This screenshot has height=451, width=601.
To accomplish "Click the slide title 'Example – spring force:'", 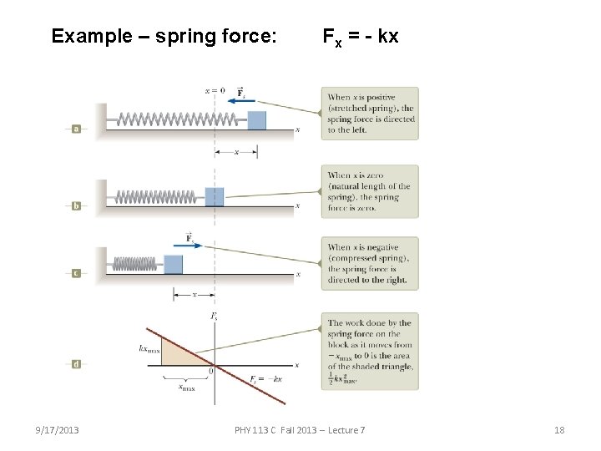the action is tap(164, 36).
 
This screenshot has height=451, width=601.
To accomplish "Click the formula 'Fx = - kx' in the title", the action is tap(361, 37).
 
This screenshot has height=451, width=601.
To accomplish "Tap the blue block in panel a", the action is tap(256, 119).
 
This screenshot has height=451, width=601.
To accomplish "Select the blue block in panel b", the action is tap(215, 196).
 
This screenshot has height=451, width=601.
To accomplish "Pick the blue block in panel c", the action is tap(173, 264).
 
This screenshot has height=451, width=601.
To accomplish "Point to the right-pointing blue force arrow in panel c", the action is tap(189, 246).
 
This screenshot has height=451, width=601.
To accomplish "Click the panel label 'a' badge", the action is tap(76, 129).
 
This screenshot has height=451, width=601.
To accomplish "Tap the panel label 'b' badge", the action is tap(76, 205).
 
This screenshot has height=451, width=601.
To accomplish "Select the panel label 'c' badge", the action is tap(76, 273).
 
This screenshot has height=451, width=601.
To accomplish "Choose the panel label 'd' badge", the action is tap(76, 364).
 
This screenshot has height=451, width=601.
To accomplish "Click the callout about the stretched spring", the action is tap(370, 114).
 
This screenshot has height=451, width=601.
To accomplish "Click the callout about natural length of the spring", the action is tap(370, 191).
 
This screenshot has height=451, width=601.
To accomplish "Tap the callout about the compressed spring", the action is tap(370, 263).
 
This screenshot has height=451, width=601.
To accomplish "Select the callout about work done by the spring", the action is tap(370, 351).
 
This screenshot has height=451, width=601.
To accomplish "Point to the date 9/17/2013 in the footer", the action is tap(57, 430).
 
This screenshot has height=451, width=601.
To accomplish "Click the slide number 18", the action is tap(559, 430).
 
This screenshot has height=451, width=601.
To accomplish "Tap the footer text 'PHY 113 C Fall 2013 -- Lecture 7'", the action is tap(300, 430).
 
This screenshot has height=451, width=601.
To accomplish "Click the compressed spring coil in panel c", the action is tap(134, 263).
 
